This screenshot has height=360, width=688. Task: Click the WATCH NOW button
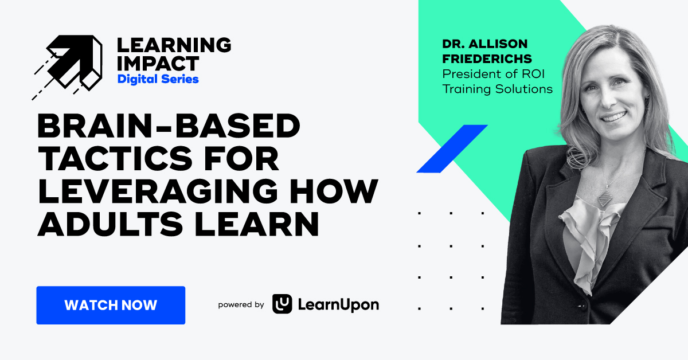tap(111, 305)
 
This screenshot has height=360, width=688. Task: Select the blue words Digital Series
tap(158, 79)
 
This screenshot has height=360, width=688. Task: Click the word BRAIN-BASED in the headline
tap(169, 126)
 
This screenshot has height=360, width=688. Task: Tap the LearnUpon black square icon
tap(282, 304)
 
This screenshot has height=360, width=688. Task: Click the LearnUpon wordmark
tap(338, 305)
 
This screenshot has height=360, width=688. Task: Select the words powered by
tap(241, 305)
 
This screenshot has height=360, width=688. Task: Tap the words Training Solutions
tap(497, 89)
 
